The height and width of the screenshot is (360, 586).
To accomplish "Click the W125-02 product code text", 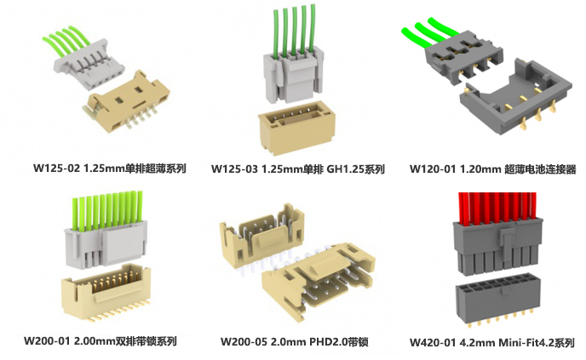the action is pyautogui.click(x=56, y=169).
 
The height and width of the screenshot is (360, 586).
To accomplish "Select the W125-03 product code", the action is pyautogui.click(x=234, y=169).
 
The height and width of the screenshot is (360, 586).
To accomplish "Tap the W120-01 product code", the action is pyautogui.click(x=433, y=169).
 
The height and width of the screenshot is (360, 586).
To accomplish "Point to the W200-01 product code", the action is pyautogui.click(x=47, y=341).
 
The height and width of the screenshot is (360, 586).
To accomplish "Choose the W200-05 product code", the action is pyautogui.click(x=244, y=341).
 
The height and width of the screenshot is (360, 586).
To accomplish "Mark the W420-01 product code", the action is pyautogui.click(x=433, y=342).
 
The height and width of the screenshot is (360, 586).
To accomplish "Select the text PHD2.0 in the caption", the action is pyautogui.click(x=330, y=341).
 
